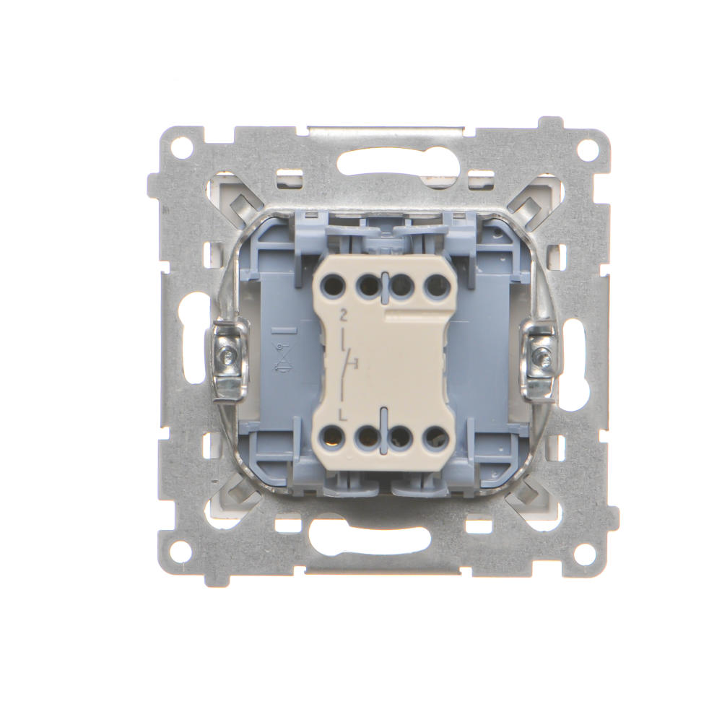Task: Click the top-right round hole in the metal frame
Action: [586, 148]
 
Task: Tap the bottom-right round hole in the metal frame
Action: [586, 551]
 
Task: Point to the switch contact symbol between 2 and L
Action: [348, 365]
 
